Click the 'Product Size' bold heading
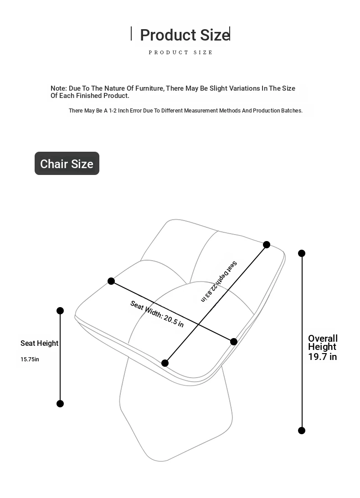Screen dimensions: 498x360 (184, 35)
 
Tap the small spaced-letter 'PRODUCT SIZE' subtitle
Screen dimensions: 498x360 (180, 52)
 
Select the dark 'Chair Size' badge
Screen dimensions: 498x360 (67, 164)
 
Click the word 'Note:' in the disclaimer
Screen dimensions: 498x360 (59, 88)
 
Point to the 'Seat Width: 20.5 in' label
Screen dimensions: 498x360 (157, 314)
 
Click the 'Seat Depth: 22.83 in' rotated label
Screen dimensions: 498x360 (219, 282)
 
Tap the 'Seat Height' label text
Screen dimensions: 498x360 (40, 343)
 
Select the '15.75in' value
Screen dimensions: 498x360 (30, 359)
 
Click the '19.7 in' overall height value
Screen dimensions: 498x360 (322, 357)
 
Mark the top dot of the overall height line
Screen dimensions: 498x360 (302, 253)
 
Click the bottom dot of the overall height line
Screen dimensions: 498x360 (302, 431)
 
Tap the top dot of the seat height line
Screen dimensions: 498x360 (60, 311)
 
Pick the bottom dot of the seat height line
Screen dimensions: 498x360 (60, 404)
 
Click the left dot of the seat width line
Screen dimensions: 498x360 (111, 281)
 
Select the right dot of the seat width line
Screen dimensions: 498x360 (234, 342)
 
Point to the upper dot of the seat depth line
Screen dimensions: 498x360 (267, 245)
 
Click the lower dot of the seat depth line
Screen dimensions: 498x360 (165, 363)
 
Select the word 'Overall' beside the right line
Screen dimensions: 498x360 (323, 339)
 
